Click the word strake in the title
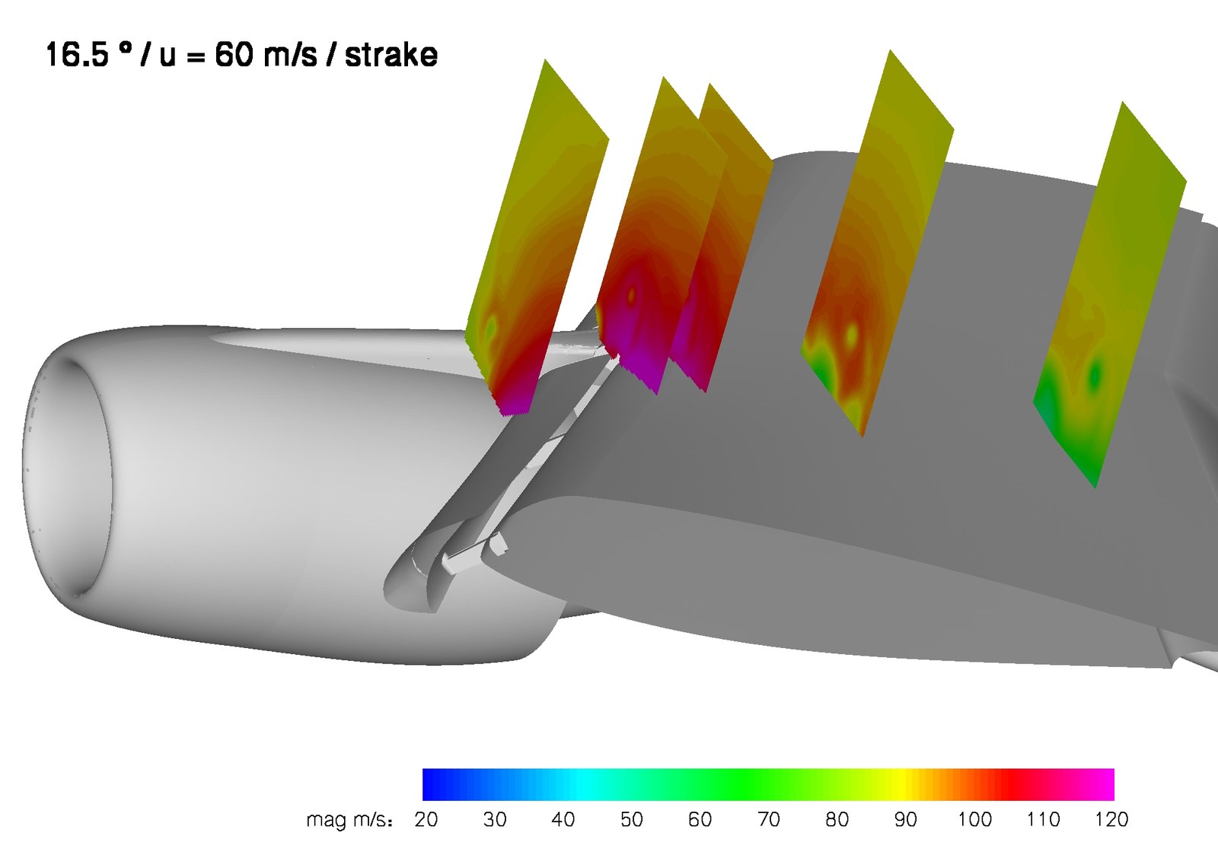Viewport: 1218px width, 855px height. pos(391,56)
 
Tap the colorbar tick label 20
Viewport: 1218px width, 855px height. pos(426,820)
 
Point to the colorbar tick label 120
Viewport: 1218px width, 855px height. pos(1111,820)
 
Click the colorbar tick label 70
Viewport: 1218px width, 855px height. pos(768,820)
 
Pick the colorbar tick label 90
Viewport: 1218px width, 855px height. pos(905,820)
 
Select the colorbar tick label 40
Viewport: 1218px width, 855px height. pos(563,820)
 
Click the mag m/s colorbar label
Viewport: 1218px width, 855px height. pos(349,821)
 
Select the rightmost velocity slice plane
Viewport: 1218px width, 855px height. pos(1111,289)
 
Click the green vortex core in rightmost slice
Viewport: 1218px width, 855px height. pos(1095,374)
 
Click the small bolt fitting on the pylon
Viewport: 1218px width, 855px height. pos(495,545)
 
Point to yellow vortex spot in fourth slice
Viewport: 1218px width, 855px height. pos(851,333)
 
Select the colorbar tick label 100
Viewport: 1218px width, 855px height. pos(974,820)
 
